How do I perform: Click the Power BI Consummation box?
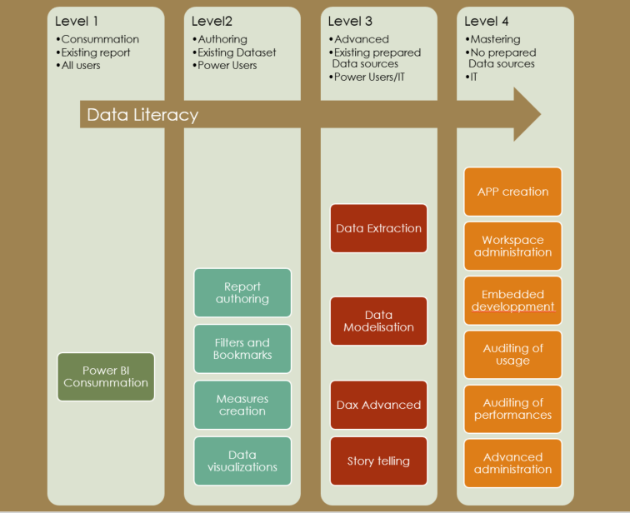click(106, 376)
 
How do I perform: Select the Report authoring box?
click(242, 292)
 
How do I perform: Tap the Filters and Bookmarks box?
click(242, 349)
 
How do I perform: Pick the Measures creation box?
click(242, 405)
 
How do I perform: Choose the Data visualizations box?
click(242, 461)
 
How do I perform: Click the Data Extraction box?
click(378, 228)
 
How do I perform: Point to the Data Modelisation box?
click(378, 321)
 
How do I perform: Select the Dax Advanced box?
click(378, 405)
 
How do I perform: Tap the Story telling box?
click(378, 461)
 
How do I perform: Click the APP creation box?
click(512, 192)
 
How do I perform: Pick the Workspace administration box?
click(512, 246)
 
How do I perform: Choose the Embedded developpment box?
click(512, 301)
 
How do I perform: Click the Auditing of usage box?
click(512, 355)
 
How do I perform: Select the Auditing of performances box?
click(512, 409)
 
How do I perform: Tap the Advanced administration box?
click(512, 463)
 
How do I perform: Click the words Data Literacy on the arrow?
click(142, 115)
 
